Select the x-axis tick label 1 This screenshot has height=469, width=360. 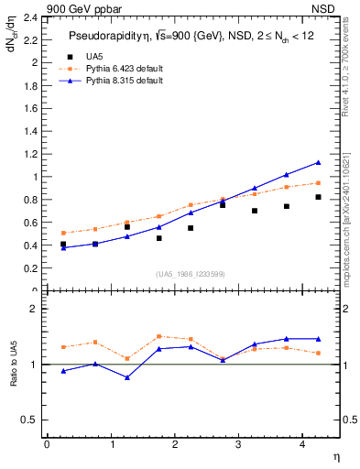coord(110,445)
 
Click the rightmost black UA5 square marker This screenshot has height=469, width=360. coord(318,197)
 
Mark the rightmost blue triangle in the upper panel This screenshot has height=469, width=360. coord(318,162)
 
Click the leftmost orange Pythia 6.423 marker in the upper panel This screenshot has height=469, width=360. coord(63,233)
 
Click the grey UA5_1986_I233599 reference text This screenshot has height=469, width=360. coord(191,275)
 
